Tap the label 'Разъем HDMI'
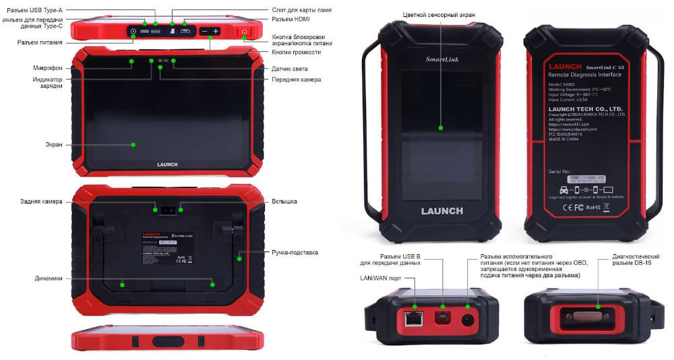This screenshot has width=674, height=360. [290, 20]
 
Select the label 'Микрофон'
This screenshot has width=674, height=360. [49, 67]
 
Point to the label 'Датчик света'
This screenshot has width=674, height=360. [290, 69]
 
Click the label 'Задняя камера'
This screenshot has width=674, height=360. [41, 201]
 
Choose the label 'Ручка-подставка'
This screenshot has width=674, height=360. [295, 252]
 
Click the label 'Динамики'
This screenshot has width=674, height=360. [49, 278]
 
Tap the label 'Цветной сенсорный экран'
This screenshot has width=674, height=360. [440, 14]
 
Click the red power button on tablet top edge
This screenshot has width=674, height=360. [244, 32]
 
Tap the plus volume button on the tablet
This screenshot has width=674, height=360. [216, 32]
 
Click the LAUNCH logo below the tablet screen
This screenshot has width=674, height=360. [167, 164]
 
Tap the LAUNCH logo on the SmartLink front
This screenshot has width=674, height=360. [441, 211]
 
